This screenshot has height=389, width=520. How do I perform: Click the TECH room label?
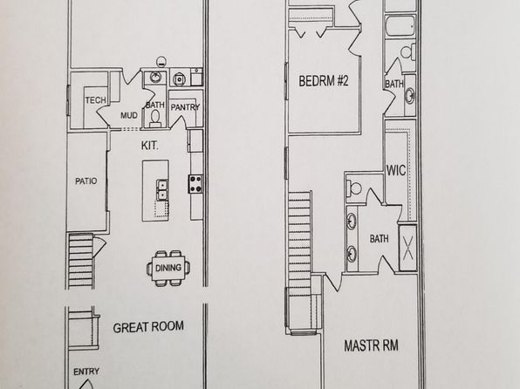point(96,99)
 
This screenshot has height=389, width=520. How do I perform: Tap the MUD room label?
point(129,115)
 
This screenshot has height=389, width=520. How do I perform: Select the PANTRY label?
point(185,107)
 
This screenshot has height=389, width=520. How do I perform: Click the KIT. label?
point(149,146)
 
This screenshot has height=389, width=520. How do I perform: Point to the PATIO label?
point(86,181)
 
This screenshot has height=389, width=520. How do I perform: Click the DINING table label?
point(168,268)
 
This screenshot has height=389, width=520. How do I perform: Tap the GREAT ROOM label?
point(148,327)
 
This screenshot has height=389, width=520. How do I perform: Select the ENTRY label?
point(86,372)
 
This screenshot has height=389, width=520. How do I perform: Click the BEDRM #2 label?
point(324,81)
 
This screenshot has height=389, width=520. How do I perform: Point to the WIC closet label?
point(396,170)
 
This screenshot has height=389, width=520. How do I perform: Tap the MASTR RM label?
point(371,345)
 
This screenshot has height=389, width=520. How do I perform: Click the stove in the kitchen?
point(195,184)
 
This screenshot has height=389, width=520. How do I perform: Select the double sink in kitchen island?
point(161,189)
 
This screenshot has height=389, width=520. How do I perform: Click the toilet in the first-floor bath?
point(155,119)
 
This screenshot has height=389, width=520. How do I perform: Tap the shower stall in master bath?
point(408,248)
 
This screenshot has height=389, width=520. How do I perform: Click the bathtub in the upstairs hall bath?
point(400,26)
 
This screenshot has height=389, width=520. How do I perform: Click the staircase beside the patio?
point(80,260)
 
